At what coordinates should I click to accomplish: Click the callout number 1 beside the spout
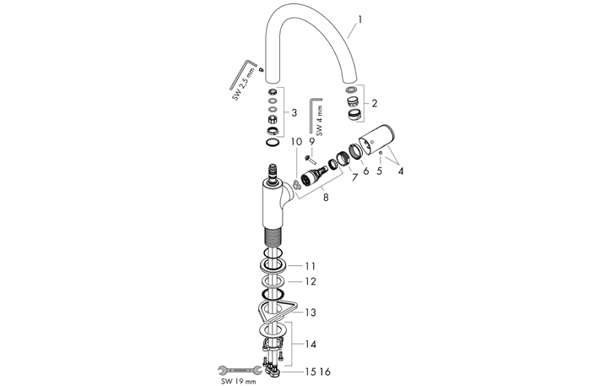click(360, 19)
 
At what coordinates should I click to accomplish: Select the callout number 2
click(374, 103)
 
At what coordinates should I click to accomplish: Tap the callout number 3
click(294, 113)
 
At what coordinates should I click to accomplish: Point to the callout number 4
click(400, 171)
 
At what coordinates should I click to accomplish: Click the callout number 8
click(326, 198)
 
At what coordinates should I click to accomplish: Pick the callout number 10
click(296, 142)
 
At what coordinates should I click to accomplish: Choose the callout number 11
click(311, 266)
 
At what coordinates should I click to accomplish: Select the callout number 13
click(311, 313)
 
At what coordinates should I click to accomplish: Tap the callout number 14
click(311, 345)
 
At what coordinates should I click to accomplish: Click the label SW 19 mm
click(238, 381)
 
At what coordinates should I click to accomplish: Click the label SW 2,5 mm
click(244, 84)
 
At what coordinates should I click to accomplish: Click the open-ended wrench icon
click(240, 369)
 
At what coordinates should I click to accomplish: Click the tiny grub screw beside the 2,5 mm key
click(261, 70)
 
